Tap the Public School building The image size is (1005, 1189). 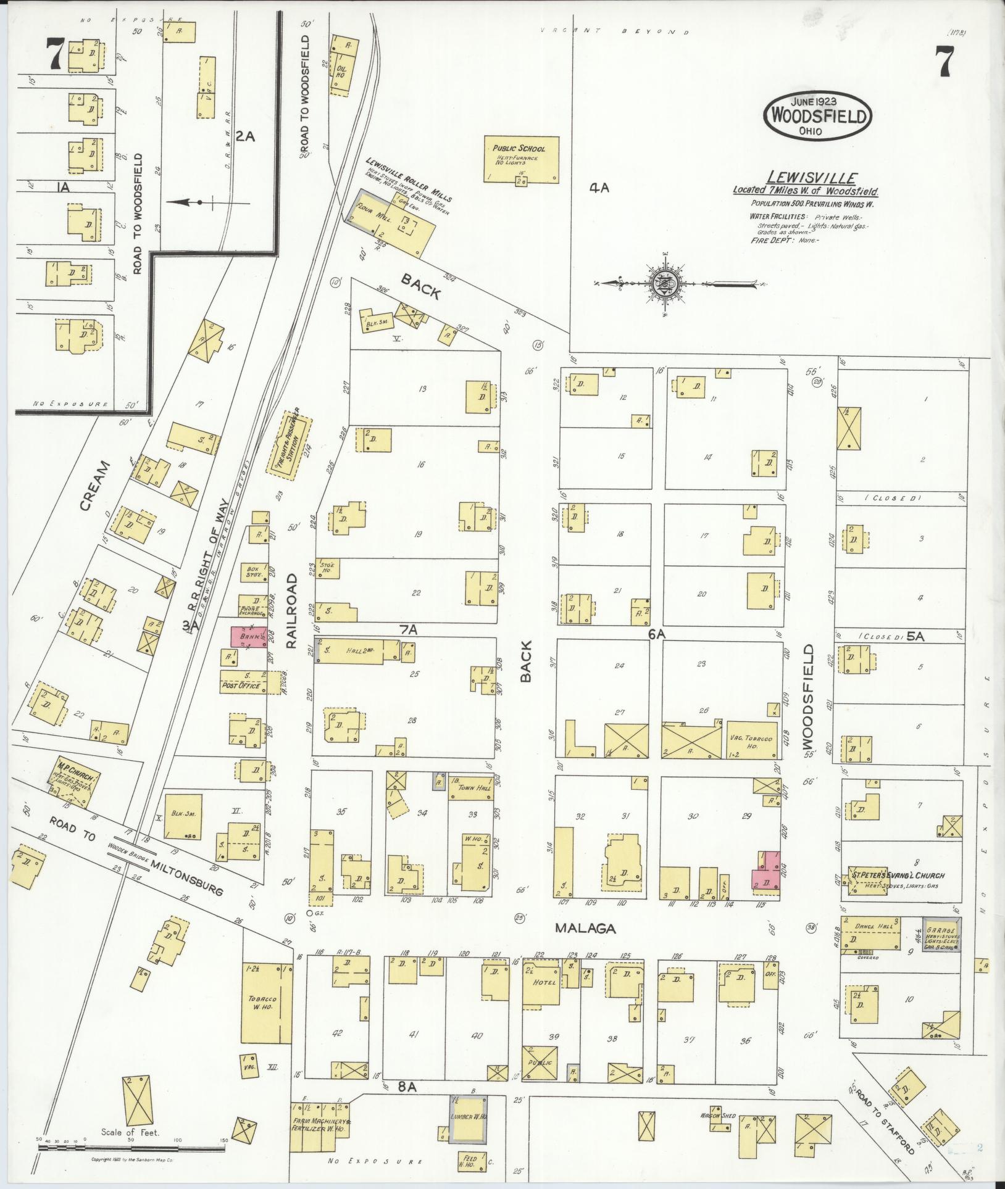520,159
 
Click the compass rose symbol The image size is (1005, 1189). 665,283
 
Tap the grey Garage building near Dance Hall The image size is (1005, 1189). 941,934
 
